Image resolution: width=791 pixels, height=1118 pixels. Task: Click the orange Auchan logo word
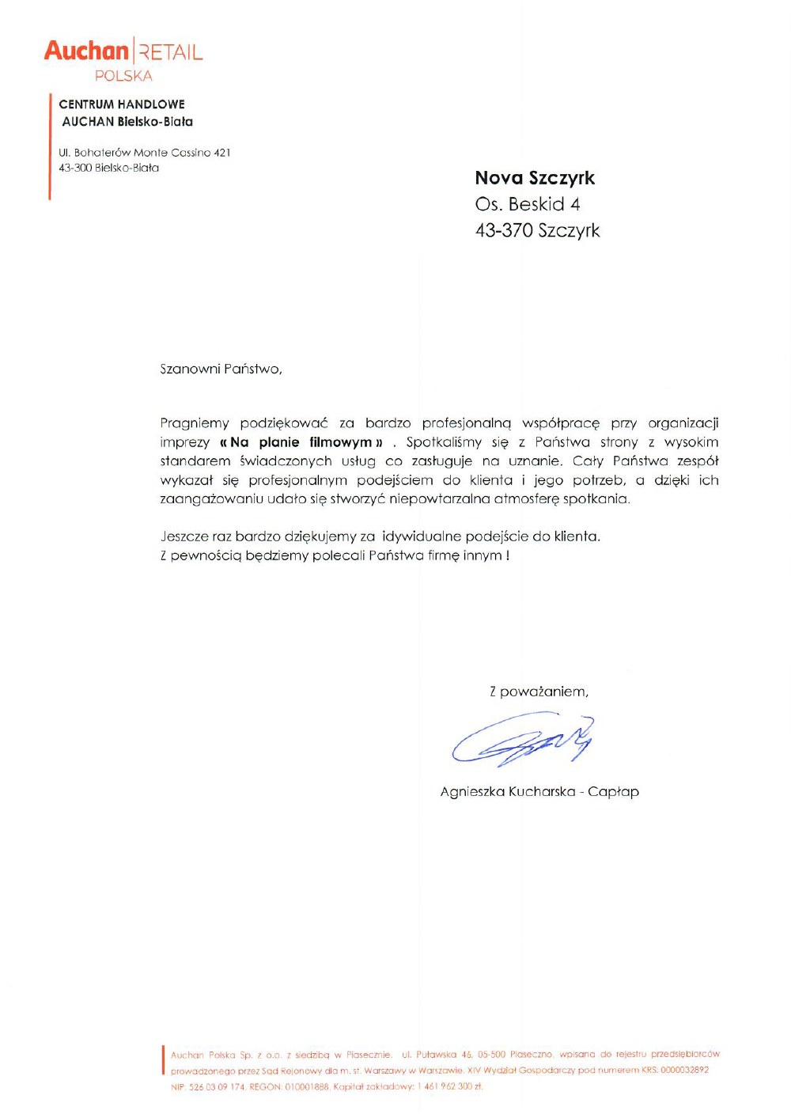(x=86, y=51)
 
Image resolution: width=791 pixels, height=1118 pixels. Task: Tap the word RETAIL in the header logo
(x=171, y=53)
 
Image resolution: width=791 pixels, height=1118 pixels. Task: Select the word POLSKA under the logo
(x=123, y=76)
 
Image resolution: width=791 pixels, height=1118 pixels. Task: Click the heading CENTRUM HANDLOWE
(x=122, y=104)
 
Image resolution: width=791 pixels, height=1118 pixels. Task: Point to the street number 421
(x=222, y=153)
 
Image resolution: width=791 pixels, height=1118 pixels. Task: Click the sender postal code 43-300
(x=75, y=168)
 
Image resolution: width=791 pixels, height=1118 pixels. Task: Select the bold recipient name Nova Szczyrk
(x=535, y=178)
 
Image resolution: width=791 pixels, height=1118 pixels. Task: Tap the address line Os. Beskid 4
(x=528, y=204)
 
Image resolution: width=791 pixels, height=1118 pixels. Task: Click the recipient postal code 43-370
(x=504, y=230)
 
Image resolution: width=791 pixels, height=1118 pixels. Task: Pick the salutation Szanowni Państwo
(x=221, y=369)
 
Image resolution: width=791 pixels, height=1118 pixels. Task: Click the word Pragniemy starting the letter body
(x=195, y=423)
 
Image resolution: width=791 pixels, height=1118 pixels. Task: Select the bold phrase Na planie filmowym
(x=301, y=442)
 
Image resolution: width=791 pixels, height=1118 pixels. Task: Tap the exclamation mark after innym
(x=507, y=555)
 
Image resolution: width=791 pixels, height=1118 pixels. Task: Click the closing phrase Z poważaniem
(x=539, y=692)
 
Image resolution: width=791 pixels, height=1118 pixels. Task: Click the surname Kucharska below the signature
(x=542, y=791)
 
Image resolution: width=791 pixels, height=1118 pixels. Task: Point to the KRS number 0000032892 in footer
(x=684, y=1070)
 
